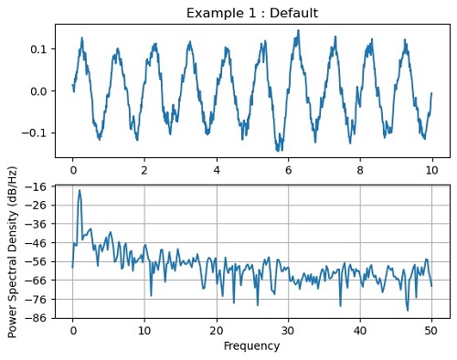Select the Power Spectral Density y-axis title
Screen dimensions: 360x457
click(x=13, y=251)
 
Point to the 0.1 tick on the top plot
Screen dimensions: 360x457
click(x=39, y=48)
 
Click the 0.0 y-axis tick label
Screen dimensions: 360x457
click(x=39, y=91)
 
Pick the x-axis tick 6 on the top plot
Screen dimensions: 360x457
click(x=289, y=170)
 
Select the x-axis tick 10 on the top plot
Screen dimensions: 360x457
click(x=432, y=170)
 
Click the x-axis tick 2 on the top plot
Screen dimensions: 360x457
click(x=144, y=170)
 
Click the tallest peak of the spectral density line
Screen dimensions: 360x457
click(x=80, y=191)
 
